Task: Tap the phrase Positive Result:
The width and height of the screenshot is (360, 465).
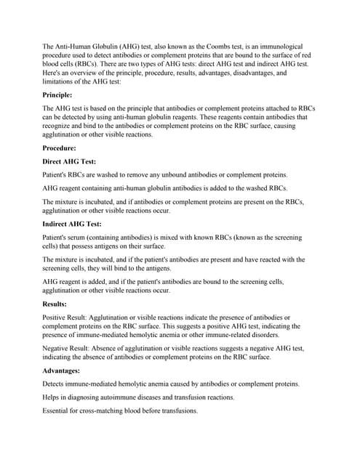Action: click(65, 318)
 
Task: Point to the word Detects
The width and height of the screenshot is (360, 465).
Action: click(57, 384)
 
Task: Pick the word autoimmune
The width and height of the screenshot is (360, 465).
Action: click(121, 397)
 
